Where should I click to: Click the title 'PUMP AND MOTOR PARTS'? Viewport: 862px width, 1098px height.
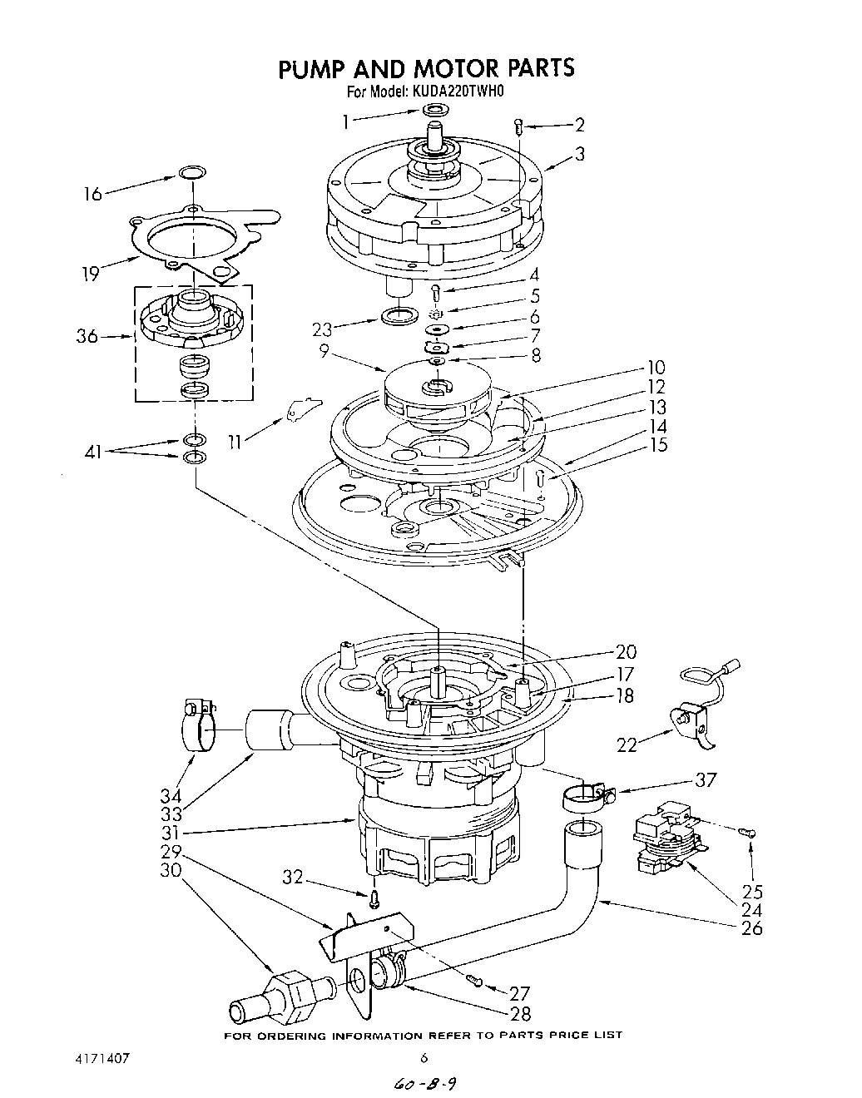point(425,67)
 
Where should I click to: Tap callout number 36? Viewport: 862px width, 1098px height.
point(87,337)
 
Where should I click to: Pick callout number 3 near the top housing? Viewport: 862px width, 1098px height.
point(579,153)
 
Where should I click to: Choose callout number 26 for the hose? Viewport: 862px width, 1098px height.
point(752,927)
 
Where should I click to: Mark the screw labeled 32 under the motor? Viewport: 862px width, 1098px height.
point(375,896)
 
